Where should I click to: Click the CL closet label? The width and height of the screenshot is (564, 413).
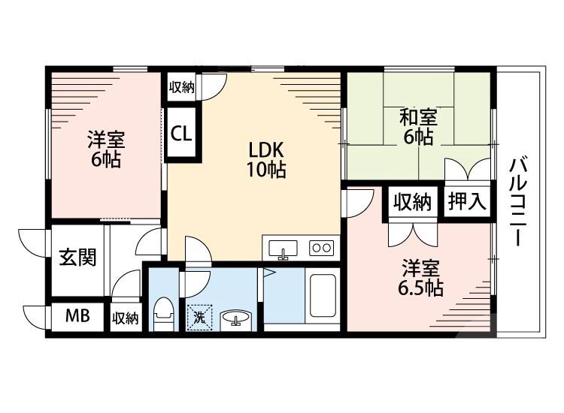point(181,134)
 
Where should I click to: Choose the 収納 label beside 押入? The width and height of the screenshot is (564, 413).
point(411,201)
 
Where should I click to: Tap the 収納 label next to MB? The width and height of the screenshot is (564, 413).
point(126,318)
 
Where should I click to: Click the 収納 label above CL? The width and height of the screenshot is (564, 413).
point(180,87)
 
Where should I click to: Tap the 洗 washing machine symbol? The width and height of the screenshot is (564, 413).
point(199,316)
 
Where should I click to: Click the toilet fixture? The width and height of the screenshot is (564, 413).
point(162,314)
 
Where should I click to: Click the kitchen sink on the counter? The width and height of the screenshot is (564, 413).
point(282,247)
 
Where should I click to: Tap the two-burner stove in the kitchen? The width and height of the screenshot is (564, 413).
point(322,247)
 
